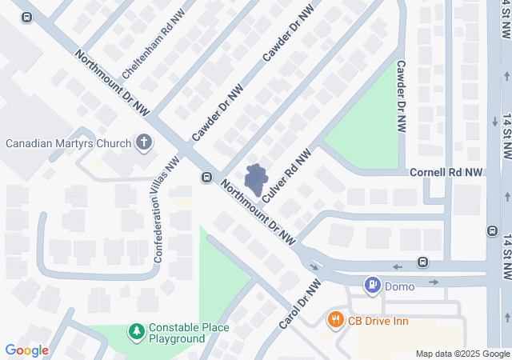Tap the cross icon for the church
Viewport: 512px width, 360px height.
144,143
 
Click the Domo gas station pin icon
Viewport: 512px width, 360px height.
372,284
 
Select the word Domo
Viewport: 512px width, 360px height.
399,286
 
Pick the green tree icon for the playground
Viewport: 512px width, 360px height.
137,330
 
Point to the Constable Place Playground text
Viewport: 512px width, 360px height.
189,333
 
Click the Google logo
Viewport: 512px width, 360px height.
27,350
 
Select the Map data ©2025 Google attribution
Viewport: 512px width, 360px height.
462,354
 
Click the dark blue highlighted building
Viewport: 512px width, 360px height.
256,180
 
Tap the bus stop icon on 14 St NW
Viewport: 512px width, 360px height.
491,231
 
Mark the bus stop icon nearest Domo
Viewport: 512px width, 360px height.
422,262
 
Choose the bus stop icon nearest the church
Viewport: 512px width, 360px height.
206,177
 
